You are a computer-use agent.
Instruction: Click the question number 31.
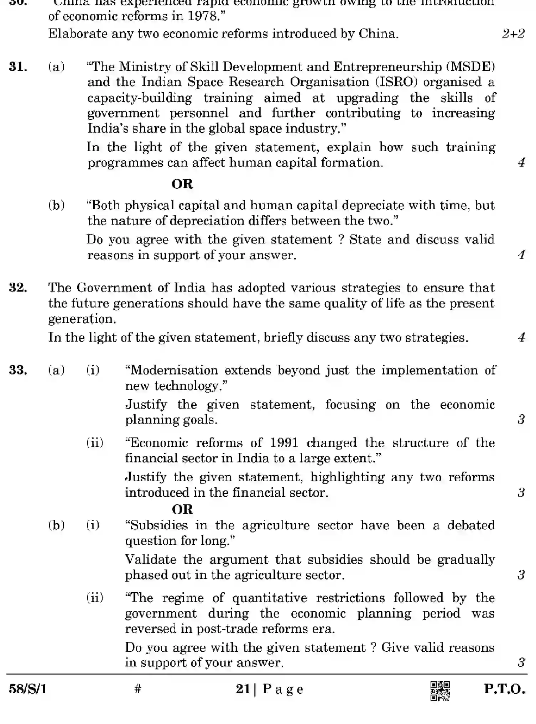[18, 67]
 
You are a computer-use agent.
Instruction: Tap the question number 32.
[18, 288]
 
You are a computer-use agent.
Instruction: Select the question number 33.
[18, 370]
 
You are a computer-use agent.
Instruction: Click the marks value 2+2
[513, 34]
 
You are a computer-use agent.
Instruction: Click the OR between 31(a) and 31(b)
[182, 184]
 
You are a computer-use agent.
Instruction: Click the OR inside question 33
[182, 509]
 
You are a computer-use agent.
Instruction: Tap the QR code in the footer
[440, 691]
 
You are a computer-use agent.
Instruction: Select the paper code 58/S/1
[28, 689]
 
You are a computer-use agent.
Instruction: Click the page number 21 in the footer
[243, 689]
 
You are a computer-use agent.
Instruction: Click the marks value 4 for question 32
[521, 337]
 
